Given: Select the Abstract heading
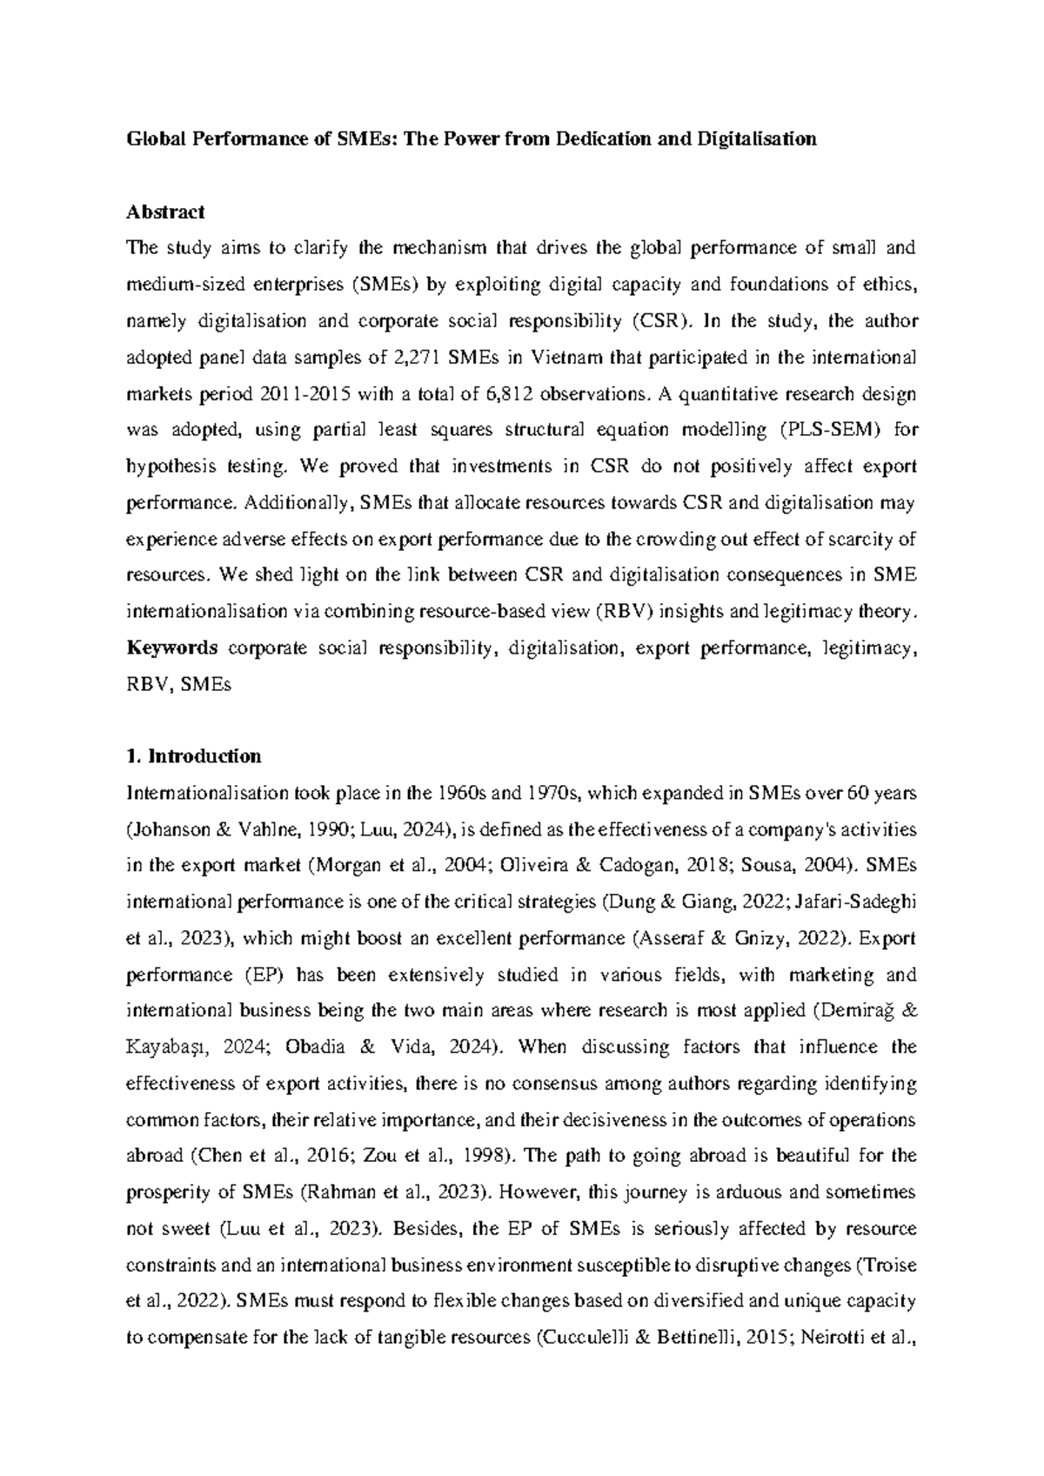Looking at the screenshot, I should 165,211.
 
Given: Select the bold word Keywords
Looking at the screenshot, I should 172,648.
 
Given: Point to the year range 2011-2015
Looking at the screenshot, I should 305,394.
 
